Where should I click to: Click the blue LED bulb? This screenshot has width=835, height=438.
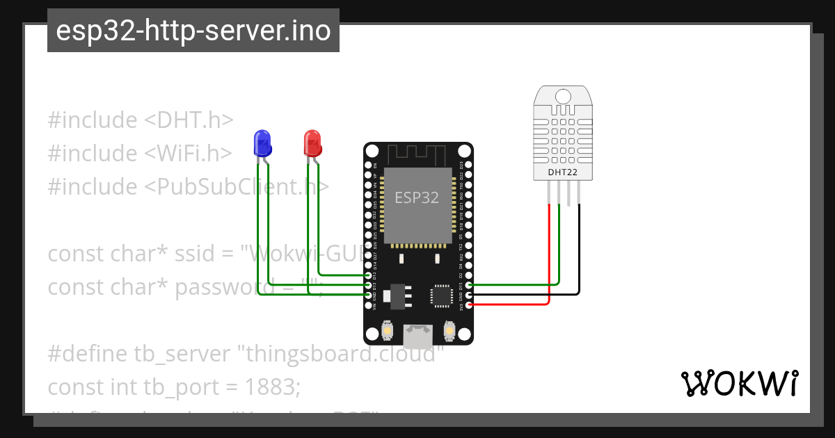262,143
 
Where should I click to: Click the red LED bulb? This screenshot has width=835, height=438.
312,143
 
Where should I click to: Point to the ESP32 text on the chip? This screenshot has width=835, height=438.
417,197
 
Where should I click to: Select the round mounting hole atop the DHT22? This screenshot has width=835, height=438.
564,95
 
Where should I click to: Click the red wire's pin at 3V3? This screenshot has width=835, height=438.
470,305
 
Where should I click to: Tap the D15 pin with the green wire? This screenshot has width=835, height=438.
470,284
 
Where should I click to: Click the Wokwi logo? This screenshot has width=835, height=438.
739,383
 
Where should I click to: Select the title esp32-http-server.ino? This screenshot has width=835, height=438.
193,31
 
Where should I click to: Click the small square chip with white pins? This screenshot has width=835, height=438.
441,295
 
